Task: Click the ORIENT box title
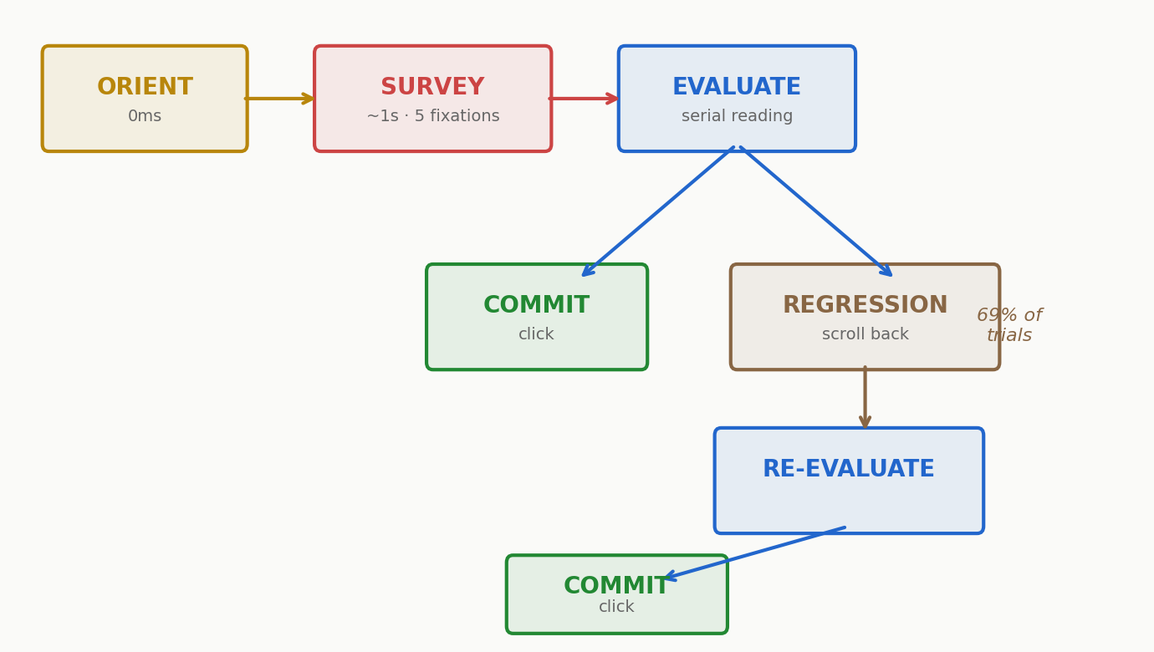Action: click(145, 88)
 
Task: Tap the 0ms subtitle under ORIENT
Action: click(145, 117)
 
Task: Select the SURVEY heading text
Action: click(432, 88)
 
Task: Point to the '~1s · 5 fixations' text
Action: click(432, 117)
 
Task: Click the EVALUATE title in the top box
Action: click(737, 88)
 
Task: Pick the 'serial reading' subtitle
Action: click(737, 117)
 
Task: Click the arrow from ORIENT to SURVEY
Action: click(280, 99)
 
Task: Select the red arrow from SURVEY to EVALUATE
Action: click(584, 99)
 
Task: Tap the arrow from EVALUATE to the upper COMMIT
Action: click(658, 211)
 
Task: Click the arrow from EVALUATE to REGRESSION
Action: click(815, 211)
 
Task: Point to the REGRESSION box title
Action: click(865, 306)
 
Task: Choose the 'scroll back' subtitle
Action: click(865, 335)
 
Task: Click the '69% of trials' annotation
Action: click(1009, 325)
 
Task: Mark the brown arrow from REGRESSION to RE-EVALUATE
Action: click(865, 398)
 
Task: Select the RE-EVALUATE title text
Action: click(848, 470)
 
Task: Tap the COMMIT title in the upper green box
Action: click(536, 306)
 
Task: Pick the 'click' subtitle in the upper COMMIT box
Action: click(536, 335)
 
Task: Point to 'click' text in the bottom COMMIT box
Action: click(616, 608)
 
